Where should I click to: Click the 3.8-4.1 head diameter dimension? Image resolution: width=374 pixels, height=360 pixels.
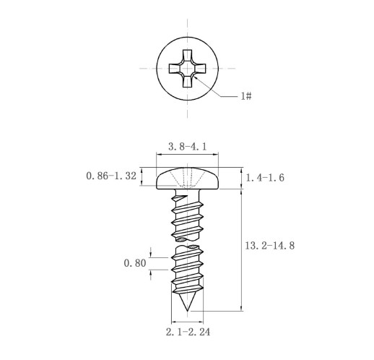pyautogui.click(x=187, y=147)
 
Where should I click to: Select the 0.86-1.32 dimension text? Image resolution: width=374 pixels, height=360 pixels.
pyautogui.click(x=111, y=176)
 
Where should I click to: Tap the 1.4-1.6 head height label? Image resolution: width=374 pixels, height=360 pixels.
pyautogui.click(x=265, y=178)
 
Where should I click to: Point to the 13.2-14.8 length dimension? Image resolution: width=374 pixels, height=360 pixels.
pyautogui.click(x=269, y=246)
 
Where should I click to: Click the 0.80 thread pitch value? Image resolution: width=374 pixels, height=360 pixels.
pyautogui.click(x=135, y=263)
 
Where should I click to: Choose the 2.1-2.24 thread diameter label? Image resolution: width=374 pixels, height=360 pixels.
pyautogui.click(x=188, y=332)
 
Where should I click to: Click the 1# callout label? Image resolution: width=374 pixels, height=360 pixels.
pyautogui.click(x=246, y=96)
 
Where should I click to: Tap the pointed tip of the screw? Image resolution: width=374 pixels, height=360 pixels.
pyautogui.click(x=187, y=311)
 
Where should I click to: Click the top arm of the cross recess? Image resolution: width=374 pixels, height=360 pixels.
pyautogui.click(x=187, y=56)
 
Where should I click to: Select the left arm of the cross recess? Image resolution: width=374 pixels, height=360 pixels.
pyautogui.click(x=175, y=69)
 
